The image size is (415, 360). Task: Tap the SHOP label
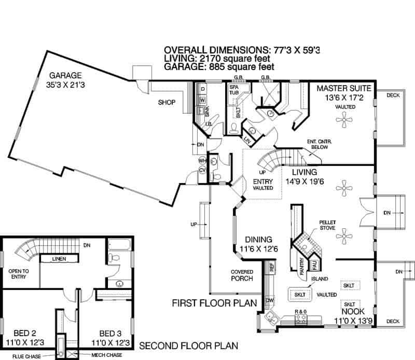click(168, 102)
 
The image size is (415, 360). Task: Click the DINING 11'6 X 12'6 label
click(255, 244)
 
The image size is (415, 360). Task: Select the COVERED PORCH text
click(242, 275)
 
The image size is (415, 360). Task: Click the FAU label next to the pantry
click(314, 266)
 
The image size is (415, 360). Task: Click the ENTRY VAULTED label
click(262, 184)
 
